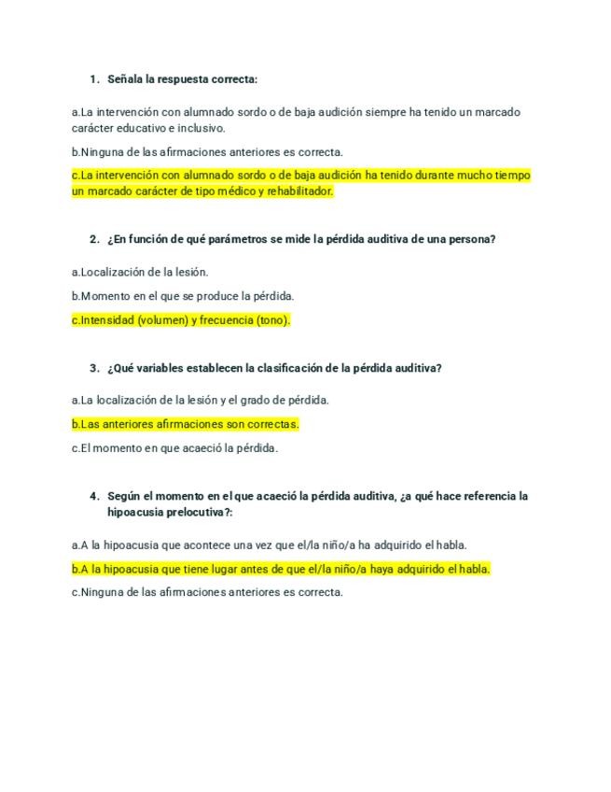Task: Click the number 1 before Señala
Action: (93, 79)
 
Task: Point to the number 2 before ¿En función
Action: (93, 239)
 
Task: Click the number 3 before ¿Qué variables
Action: (93, 368)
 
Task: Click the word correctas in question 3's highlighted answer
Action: (269, 424)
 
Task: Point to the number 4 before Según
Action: (93, 496)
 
